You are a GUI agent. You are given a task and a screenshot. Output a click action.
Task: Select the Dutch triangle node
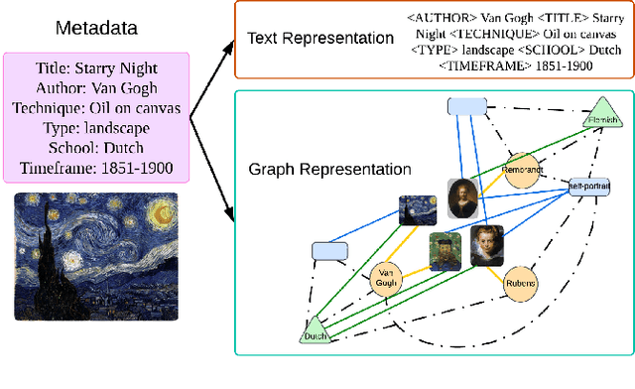click(x=314, y=332)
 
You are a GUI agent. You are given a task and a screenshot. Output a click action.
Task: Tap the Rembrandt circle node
click(x=522, y=169)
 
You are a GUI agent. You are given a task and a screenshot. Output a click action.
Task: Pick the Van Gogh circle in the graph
click(x=385, y=280)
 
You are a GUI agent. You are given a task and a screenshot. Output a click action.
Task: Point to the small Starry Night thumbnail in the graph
click(x=416, y=210)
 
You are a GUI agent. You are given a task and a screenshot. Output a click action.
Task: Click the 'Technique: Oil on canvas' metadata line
click(x=95, y=109)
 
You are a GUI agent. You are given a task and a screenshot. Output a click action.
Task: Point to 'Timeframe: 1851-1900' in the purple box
click(x=95, y=168)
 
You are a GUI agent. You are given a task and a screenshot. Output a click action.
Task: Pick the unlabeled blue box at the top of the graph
click(x=466, y=106)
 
